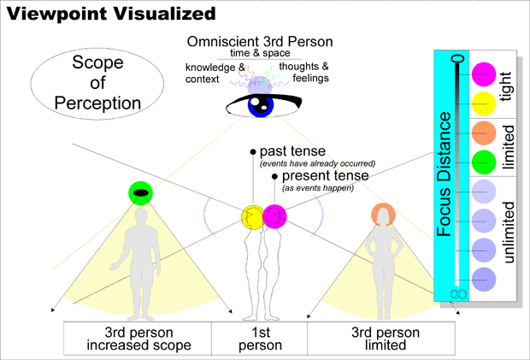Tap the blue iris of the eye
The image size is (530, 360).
(x=257, y=106)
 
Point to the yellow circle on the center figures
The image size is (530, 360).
(x=253, y=216)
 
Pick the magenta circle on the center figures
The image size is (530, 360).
(x=275, y=216)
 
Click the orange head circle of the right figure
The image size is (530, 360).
(x=382, y=214)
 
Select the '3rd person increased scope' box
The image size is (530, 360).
(x=138, y=338)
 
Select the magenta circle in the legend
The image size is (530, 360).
(x=484, y=74)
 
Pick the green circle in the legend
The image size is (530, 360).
(x=484, y=161)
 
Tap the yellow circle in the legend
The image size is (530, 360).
(x=484, y=103)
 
